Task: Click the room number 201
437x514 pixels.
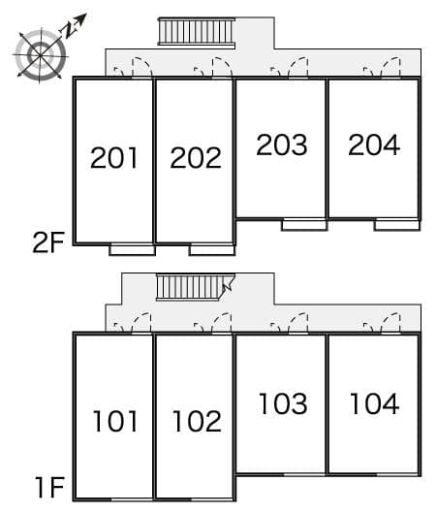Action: coord(114,158)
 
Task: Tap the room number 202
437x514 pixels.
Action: coord(195,158)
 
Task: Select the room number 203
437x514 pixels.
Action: coord(282,145)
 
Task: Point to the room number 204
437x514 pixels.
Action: coord(374,145)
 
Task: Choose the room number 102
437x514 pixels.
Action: coord(197,421)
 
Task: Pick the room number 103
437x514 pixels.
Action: coord(283,402)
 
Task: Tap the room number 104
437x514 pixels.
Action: coord(374,402)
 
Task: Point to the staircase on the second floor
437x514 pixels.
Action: coord(197,32)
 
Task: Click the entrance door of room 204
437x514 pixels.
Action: coord(380,68)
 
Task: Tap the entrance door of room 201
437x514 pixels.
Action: coord(132,68)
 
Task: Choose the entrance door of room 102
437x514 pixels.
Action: coord(213,323)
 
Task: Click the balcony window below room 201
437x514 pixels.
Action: coord(132,249)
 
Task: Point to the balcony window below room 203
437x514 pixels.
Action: coord(303,225)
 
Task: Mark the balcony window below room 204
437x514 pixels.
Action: coord(396,225)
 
